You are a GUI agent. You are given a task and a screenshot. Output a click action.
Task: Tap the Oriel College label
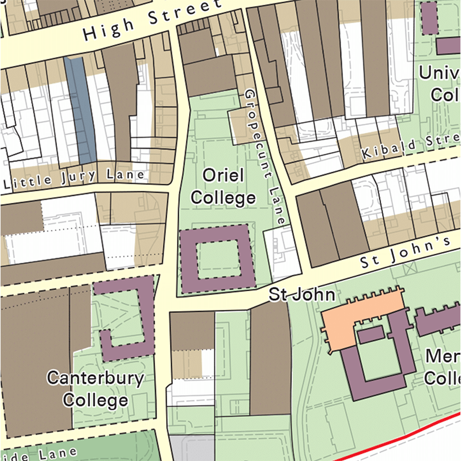[223, 186]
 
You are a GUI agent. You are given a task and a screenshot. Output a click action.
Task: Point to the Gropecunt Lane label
[264, 156]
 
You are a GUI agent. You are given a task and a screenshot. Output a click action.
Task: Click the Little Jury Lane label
[75, 178]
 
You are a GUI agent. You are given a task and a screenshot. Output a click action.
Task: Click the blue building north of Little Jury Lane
[80, 109]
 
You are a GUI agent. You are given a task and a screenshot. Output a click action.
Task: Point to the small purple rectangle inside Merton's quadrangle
[371, 335]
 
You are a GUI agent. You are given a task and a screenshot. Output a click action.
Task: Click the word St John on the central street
[302, 295]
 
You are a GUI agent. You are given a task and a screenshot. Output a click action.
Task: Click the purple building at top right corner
[429, 17]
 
